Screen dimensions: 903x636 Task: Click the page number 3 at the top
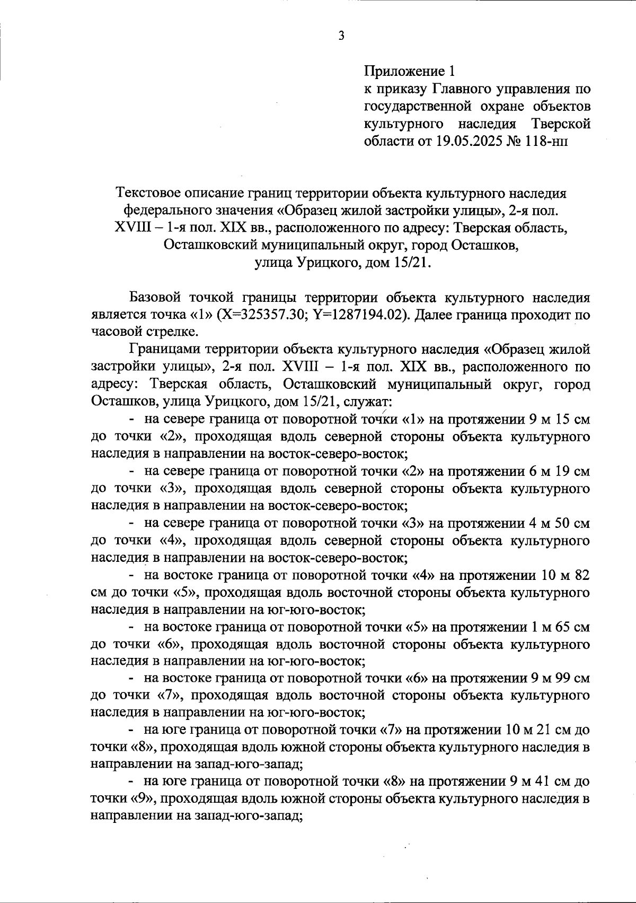pos(341,37)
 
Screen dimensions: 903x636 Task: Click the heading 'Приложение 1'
pos(409,71)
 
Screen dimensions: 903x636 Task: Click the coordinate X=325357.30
pos(264,315)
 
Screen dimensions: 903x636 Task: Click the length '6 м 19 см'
pos(559,471)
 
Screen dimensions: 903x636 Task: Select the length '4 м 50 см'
pos(559,523)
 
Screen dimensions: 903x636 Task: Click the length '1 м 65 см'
pos(559,627)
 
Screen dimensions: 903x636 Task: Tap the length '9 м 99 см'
pos(559,679)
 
